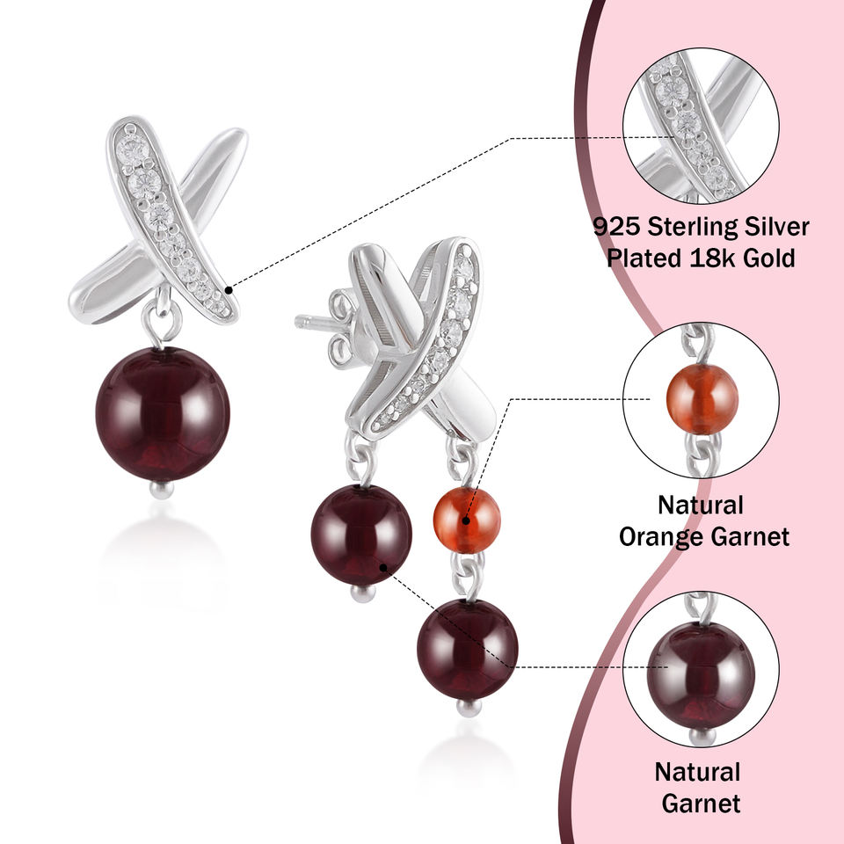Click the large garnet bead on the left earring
[162, 413]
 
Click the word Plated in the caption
[641, 258]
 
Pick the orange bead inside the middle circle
[701, 398]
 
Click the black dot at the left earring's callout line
[228, 288]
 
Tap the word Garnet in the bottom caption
[701, 803]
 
